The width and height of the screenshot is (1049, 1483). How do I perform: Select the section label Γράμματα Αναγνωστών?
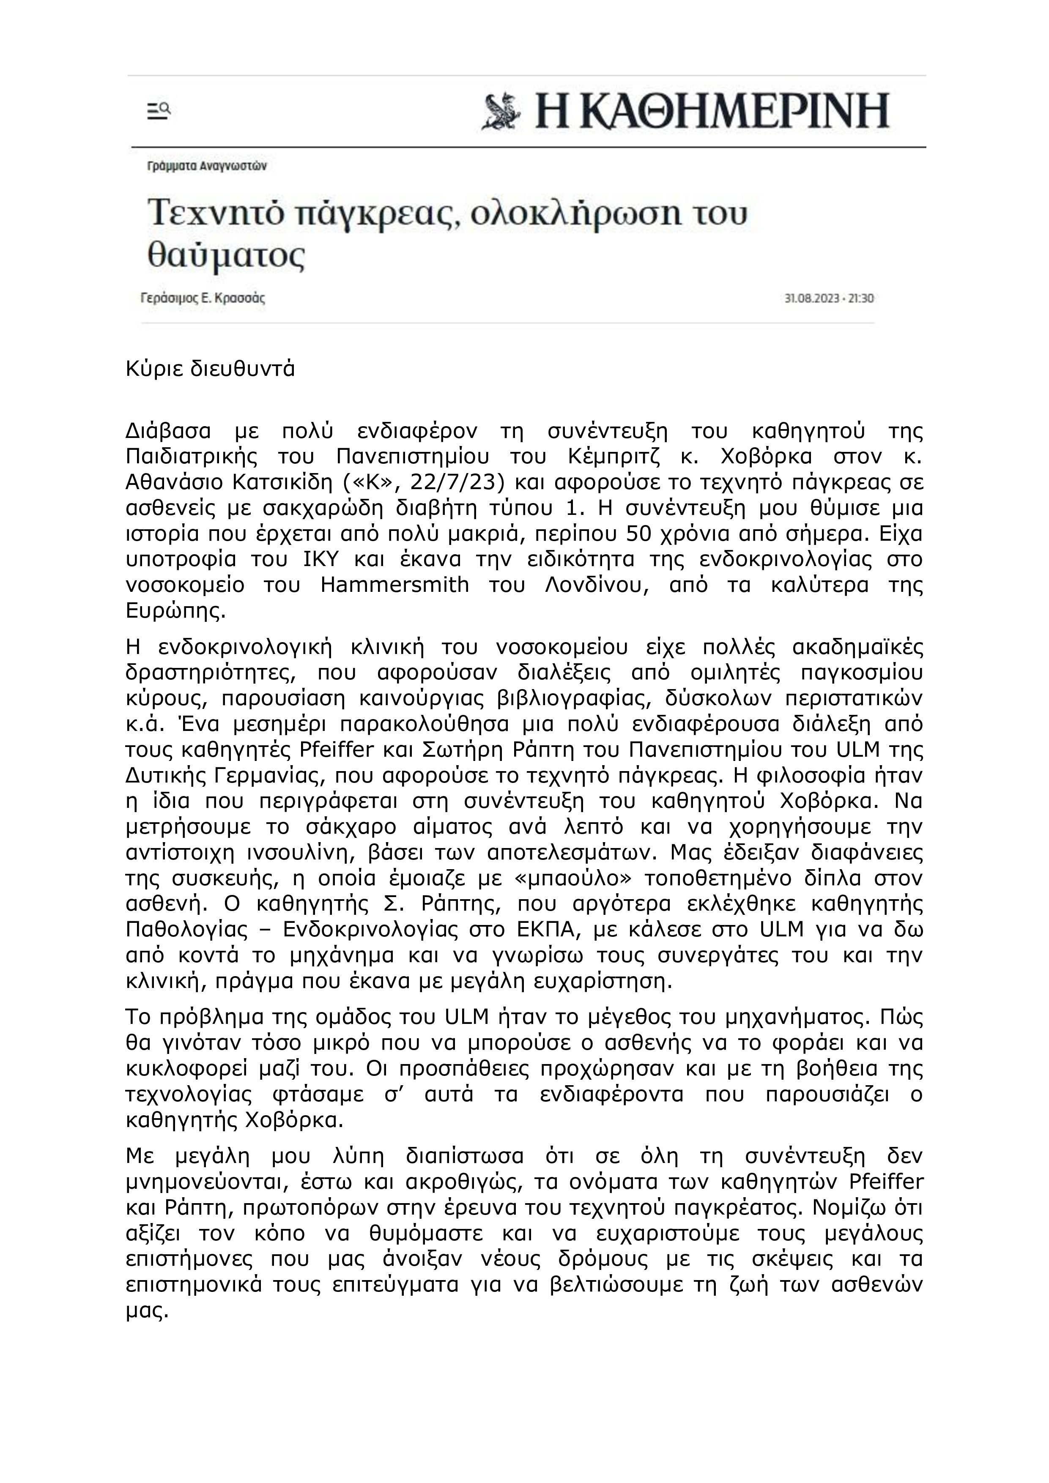pyautogui.click(x=207, y=166)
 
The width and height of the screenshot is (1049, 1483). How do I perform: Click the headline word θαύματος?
pyautogui.click(x=227, y=255)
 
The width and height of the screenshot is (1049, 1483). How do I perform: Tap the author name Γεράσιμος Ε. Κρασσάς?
pyautogui.click(x=203, y=298)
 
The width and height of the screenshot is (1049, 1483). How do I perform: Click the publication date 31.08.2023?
pyautogui.click(x=812, y=298)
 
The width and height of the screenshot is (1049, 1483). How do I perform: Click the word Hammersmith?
pyautogui.click(x=394, y=585)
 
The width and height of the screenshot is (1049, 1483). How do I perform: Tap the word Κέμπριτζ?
pyautogui.click(x=614, y=456)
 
